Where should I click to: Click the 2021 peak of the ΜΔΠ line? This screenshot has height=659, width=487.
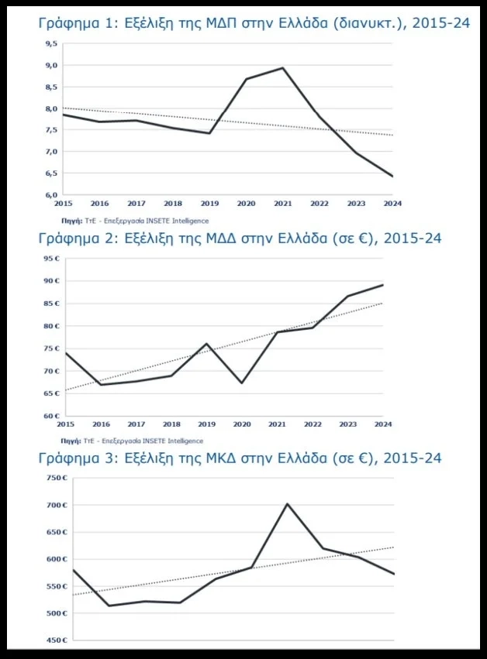click(282, 68)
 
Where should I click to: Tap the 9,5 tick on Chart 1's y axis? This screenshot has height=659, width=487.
click(53, 44)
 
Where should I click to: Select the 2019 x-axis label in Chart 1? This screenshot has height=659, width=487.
click(209, 203)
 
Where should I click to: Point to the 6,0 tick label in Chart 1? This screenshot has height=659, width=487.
click(53, 194)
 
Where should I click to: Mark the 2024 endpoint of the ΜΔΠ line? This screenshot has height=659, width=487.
click(392, 177)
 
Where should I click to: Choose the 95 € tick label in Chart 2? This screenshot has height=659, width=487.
click(52, 259)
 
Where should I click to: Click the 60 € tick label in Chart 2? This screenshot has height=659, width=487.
click(52, 416)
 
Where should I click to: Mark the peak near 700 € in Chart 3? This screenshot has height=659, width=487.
click(287, 504)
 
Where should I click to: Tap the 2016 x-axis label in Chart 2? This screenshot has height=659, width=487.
click(100, 424)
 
